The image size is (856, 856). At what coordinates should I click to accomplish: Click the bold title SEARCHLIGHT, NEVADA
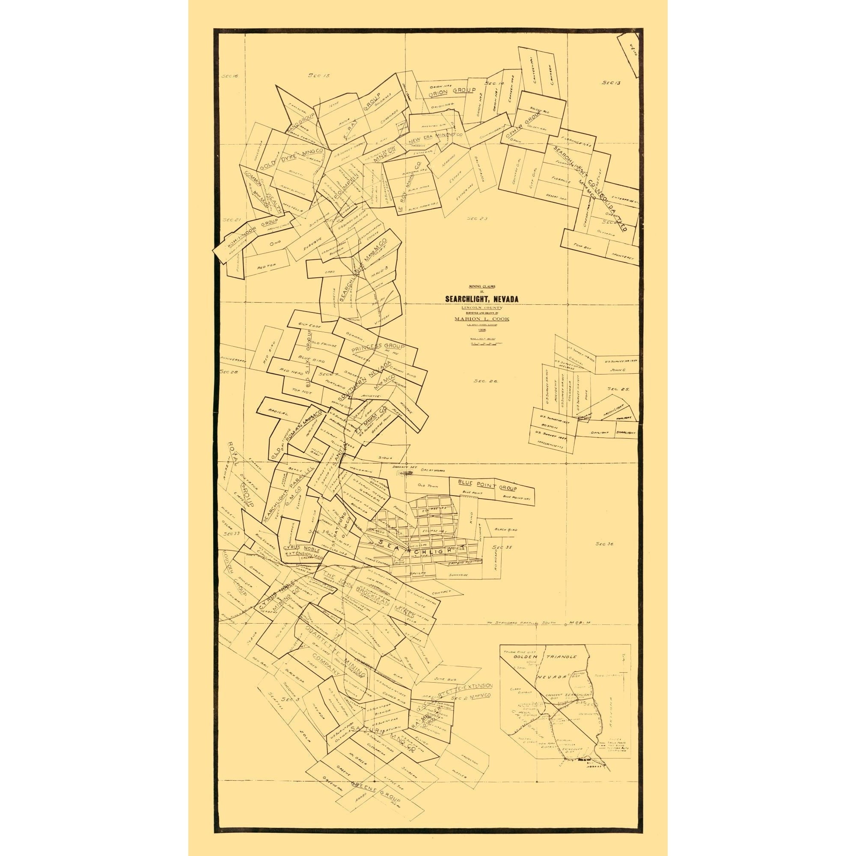click(x=481, y=300)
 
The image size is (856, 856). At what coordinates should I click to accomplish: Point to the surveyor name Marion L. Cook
click(x=481, y=318)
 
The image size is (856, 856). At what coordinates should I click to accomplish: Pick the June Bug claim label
click(x=444, y=678)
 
